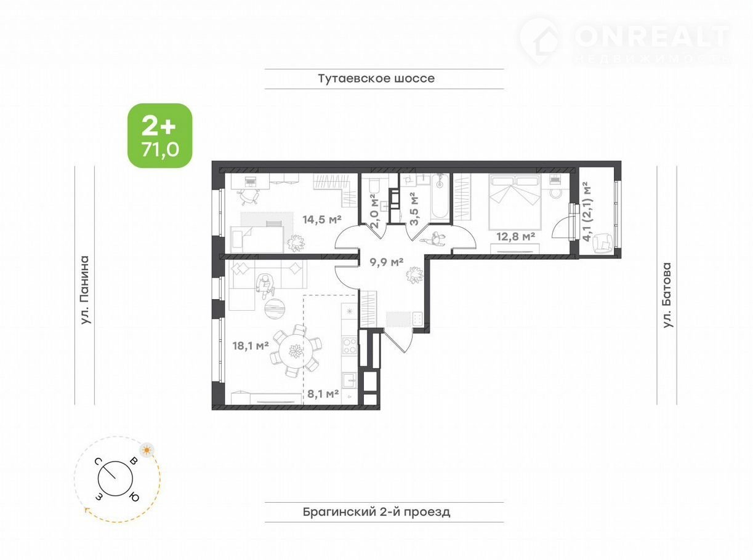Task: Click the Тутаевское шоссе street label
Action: coord(377,78)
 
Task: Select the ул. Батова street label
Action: coord(667,295)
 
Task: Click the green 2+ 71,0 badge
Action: coord(160,135)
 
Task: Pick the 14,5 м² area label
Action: coord(322,220)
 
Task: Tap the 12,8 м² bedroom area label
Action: coord(516,236)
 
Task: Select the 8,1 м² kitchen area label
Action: coord(323,394)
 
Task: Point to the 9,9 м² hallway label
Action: coord(386,262)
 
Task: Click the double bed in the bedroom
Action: coord(515,201)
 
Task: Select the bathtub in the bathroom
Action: coord(440,198)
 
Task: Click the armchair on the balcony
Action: coord(603,242)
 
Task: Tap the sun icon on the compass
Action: coord(147,450)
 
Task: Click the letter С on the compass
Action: coord(99,462)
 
